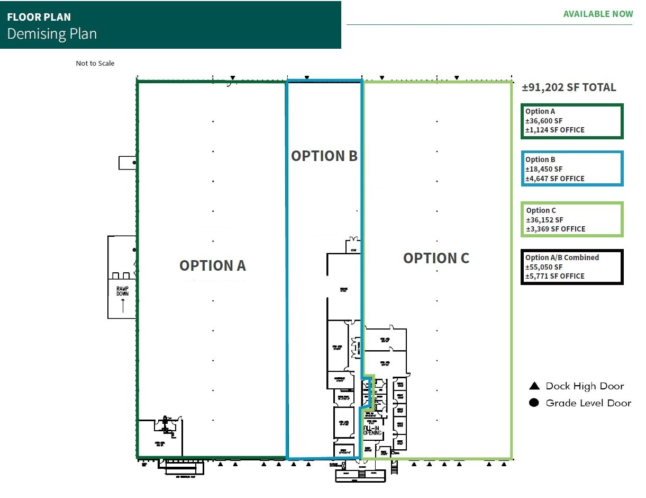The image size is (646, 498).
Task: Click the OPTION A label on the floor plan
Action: (x=213, y=265)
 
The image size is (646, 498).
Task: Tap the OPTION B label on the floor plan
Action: (x=324, y=156)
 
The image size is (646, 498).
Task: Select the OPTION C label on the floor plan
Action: (x=436, y=258)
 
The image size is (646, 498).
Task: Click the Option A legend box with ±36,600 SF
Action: (x=572, y=121)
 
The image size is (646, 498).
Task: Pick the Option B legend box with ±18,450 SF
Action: (x=572, y=169)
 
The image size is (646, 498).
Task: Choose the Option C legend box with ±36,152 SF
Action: (x=572, y=219)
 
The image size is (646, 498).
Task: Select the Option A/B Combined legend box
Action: (x=572, y=267)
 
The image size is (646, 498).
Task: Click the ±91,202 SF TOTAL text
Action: (x=569, y=88)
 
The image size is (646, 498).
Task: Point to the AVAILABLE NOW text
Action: (x=598, y=14)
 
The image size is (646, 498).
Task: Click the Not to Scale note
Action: (x=95, y=64)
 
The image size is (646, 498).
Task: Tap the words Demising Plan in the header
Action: (x=52, y=34)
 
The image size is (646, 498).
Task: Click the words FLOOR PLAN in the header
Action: (x=39, y=17)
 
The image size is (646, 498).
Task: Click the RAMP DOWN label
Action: (x=122, y=291)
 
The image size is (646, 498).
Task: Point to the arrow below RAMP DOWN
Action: (x=123, y=305)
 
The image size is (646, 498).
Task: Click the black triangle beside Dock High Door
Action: (x=534, y=386)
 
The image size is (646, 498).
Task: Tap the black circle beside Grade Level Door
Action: (x=534, y=403)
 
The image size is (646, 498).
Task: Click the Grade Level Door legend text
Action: (x=588, y=403)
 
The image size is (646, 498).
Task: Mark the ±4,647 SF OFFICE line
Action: (x=555, y=179)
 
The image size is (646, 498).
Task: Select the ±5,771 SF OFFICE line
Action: (x=555, y=276)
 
